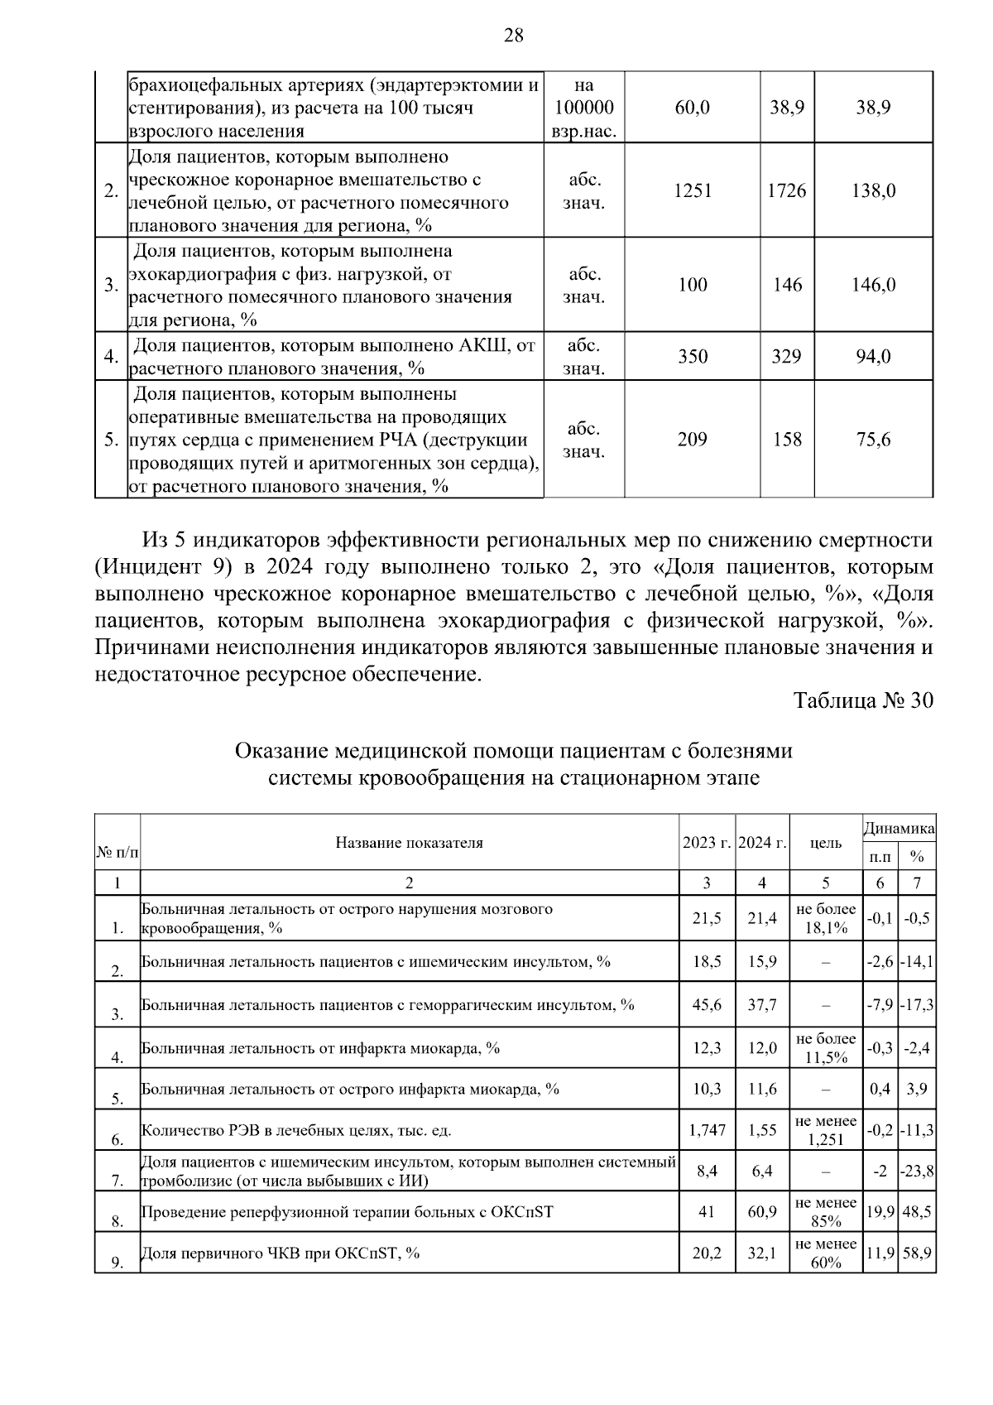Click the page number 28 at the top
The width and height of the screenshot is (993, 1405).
coord(513,35)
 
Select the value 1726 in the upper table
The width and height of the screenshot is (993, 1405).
coord(787,191)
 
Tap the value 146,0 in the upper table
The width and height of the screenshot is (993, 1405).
coord(873,286)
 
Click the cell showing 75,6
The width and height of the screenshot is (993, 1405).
coord(873,440)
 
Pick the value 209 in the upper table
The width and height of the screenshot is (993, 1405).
coord(692,440)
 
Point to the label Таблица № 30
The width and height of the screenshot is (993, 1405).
coord(863,700)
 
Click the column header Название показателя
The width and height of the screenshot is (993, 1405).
coord(409,843)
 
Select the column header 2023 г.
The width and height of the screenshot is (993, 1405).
coord(706,843)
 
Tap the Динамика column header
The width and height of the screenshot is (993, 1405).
coord(899,828)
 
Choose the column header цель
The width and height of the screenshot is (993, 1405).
coord(825,843)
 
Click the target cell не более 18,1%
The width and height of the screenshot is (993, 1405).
coord(825,918)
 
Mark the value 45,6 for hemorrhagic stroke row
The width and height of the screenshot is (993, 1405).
coord(706,1005)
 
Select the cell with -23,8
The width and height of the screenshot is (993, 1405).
coord(917,1172)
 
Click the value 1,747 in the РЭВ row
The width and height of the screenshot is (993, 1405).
coord(706,1130)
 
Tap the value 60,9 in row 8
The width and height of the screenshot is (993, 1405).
coord(761,1212)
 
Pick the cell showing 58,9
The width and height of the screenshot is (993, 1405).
coord(917,1253)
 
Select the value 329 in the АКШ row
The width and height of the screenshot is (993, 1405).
coord(787,357)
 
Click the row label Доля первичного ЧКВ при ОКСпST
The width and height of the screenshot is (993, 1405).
coord(280,1253)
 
